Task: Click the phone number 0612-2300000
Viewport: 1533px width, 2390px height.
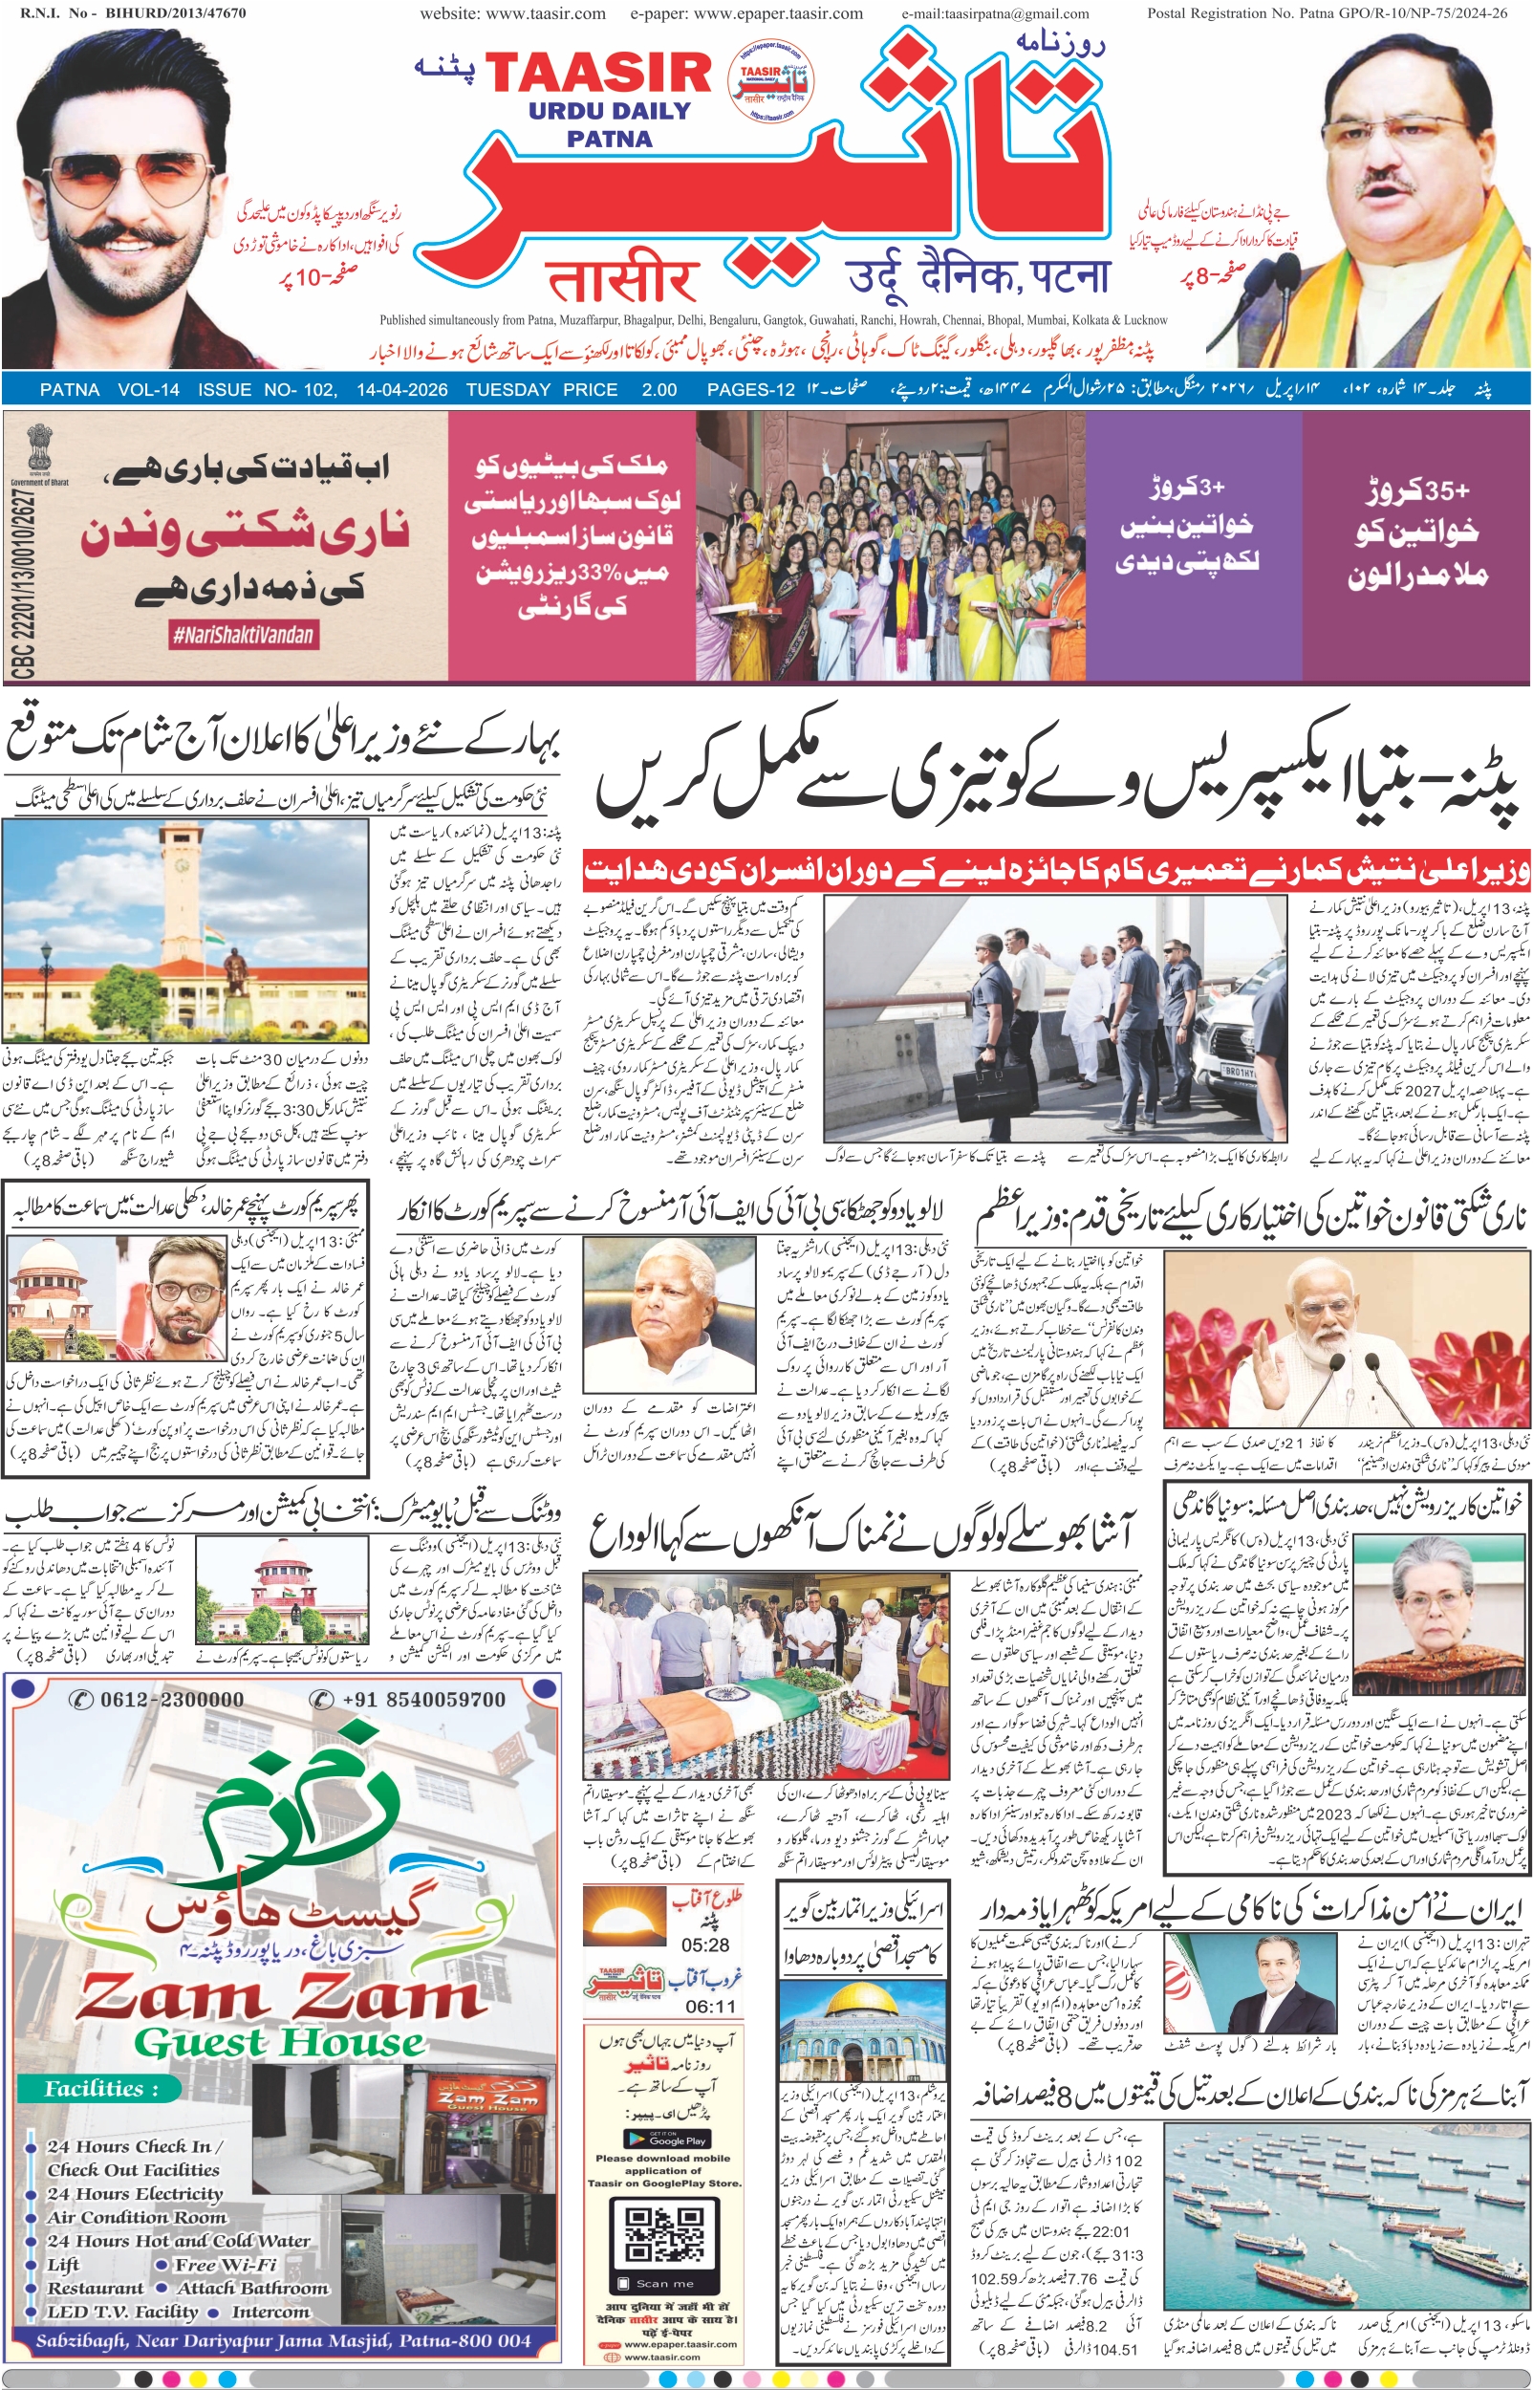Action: coord(160,1700)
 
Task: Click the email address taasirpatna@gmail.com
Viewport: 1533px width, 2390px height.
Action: coord(995,14)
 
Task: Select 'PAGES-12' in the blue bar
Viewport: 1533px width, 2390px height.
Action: coord(749,390)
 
